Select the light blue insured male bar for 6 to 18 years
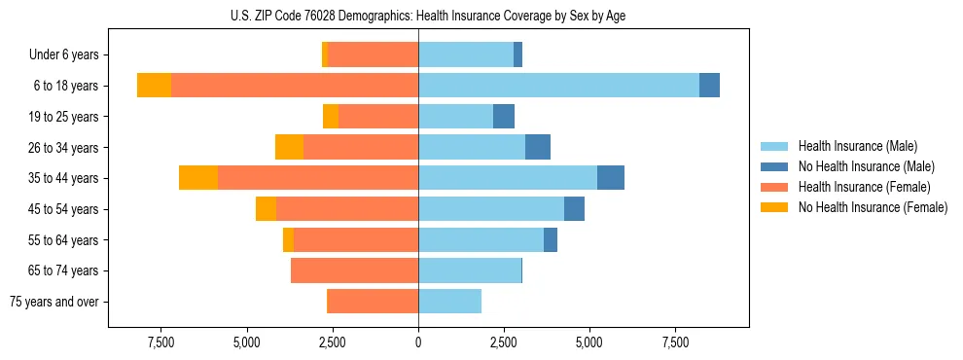558,86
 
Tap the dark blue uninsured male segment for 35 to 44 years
610,178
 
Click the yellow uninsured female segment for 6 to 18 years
154,86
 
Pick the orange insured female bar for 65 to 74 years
354,270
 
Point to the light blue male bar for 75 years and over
449,302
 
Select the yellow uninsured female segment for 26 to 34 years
289,147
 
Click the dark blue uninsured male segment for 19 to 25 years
503,117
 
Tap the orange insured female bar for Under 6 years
373,54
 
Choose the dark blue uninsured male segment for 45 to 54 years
574,209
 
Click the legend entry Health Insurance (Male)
857,146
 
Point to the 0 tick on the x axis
418,342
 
